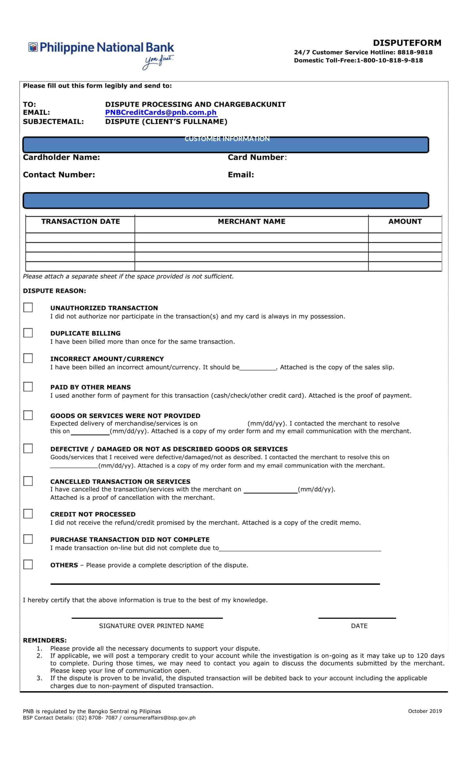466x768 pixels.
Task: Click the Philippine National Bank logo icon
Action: click(x=33, y=47)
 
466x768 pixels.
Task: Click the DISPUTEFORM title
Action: click(x=407, y=43)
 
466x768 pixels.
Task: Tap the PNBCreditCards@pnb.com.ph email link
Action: click(x=161, y=112)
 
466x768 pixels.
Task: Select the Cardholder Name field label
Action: click(x=61, y=157)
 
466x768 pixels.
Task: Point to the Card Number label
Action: click(x=256, y=157)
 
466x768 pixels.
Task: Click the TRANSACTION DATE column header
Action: click(x=80, y=221)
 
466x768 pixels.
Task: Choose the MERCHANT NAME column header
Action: click(x=251, y=221)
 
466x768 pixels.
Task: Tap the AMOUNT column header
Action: click(x=405, y=221)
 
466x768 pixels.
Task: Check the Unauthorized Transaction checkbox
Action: click(x=28, y=307)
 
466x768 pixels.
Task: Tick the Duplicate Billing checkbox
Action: click(x=28, y=333)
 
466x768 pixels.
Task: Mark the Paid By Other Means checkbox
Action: click(x=28, y=386)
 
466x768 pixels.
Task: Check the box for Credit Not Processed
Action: click(x=28, y=513)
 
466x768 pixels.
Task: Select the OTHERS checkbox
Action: click(x=28, y=564)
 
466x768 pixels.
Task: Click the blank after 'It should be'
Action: click(x=258, y=367)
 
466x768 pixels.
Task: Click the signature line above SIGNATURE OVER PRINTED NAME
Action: click(x=147, y=617)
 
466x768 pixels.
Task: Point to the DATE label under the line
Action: click(x=359, y=626)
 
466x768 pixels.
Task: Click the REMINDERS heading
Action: click(x=45, y=640)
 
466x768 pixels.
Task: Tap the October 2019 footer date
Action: click(x=425, y=711)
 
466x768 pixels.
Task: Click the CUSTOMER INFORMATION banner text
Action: click(x=227, y=139)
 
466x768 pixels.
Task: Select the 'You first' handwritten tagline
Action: click(x=158, y=62)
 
